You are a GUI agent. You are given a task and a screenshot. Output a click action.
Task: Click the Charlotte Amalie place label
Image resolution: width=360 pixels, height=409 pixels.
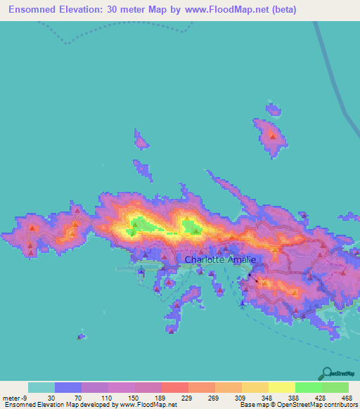[220, 259]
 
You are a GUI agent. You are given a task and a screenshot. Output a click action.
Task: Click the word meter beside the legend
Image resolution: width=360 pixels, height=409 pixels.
[9, 398]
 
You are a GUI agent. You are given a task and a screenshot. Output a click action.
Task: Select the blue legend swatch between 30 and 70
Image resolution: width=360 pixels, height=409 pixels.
[68, 387]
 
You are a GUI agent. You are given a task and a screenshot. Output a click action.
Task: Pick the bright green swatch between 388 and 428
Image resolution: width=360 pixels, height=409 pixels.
[308, 387]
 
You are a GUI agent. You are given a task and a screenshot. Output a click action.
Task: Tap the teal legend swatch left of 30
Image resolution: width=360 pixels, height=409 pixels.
[41, 387]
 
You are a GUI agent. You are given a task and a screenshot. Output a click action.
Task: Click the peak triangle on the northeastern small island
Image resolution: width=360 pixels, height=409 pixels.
[271, 137]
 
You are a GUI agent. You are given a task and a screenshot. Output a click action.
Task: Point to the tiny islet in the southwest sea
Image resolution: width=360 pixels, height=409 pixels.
[82, 337]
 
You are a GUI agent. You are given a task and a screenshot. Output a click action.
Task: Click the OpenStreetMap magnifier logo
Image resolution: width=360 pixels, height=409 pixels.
[326, 373]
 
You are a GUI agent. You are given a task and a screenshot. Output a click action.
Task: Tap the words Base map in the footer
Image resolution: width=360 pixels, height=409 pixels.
[254, 405]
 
